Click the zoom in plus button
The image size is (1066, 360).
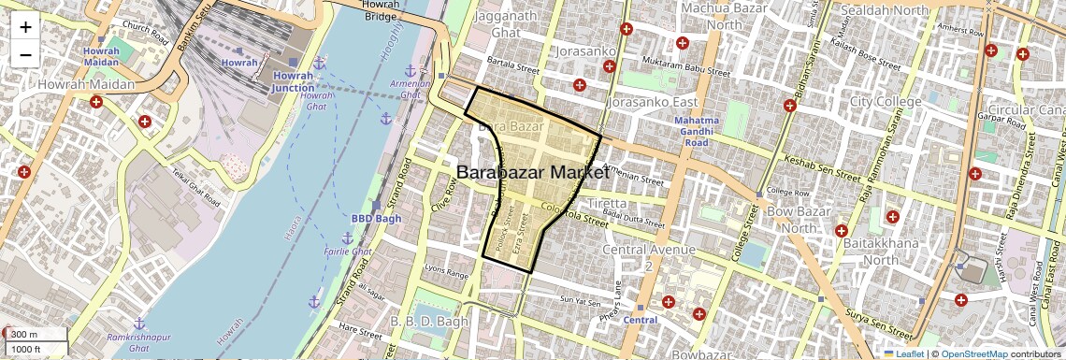[25, 27]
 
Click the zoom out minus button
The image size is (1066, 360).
[25, 54]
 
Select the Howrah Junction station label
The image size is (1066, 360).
[294, 81]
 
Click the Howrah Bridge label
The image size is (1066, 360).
[382, 10]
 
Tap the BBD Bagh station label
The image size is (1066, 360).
[376, 218]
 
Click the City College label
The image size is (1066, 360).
[886, 101]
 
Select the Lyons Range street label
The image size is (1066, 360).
[446, 273]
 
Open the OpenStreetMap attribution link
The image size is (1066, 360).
[973, 353]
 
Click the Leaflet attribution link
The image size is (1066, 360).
[903, 353]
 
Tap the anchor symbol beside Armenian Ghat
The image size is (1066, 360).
[409, 72]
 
